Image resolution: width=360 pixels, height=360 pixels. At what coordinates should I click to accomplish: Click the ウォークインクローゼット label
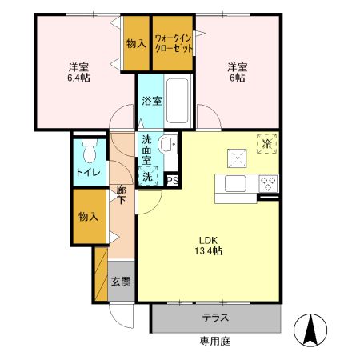pos(174,42)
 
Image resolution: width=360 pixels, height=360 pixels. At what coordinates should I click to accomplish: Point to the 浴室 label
pos(151,101)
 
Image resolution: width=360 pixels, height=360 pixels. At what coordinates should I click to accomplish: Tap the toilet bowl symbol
pos(88,151)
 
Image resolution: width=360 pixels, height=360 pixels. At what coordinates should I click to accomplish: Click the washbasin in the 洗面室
pos(167,145)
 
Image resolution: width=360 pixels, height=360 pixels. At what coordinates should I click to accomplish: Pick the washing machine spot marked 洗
pos(148,178)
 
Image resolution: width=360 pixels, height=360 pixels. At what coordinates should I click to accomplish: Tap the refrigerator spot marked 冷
pos(266,144)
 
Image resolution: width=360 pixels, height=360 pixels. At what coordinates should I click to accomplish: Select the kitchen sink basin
pos(234,184)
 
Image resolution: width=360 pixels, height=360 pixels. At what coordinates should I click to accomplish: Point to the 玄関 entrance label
pos(122,282)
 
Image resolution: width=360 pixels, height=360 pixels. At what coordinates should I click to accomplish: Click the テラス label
pos(215,318)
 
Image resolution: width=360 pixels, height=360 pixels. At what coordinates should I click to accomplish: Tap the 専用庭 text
pos(215,341)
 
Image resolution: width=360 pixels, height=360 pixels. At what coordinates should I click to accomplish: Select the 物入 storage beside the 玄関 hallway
pos(89,217)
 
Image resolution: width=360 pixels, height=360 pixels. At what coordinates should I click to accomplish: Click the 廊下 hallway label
pos(122,195)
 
